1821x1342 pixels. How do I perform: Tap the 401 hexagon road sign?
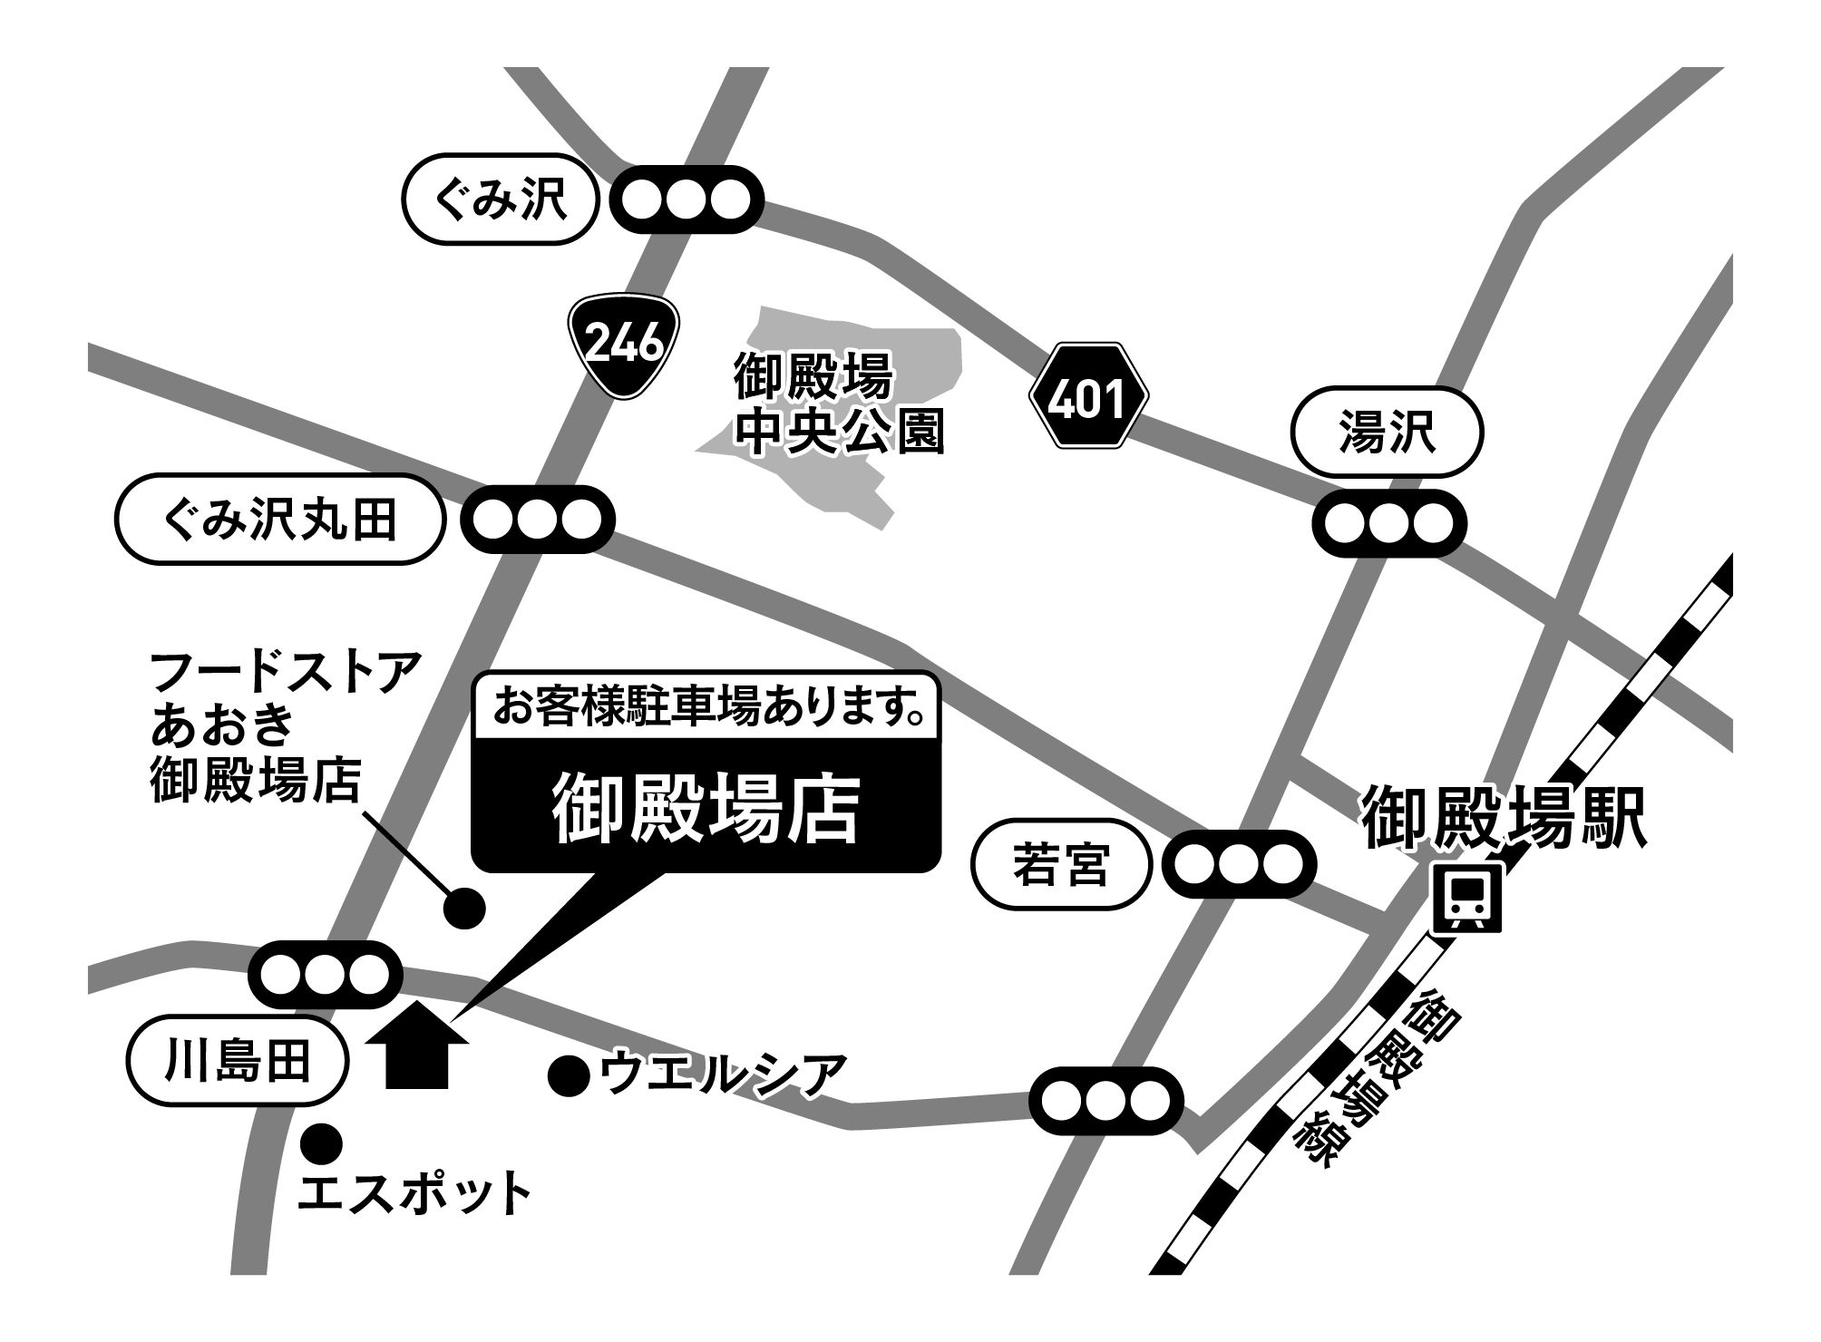tap(1088, 395)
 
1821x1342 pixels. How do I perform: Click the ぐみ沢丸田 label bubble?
tap(279, 520)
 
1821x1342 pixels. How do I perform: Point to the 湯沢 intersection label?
tap(1387, 432)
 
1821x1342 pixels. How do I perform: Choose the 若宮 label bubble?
tap(1060, 864)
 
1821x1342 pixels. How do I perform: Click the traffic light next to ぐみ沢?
tap(687, 199)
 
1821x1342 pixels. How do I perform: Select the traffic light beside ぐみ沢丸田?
tap(539, 520)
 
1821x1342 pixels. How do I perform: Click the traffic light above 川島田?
tap(325, 975)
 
